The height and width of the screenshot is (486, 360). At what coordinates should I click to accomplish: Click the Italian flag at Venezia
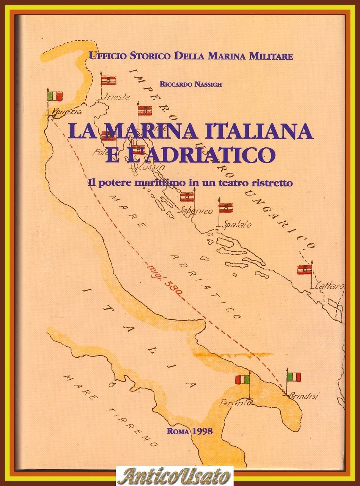(x=55, y=96)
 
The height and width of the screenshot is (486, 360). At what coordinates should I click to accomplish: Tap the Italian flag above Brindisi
(x=294, y=377)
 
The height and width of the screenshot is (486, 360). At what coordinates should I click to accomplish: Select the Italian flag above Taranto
(x=243, y=379)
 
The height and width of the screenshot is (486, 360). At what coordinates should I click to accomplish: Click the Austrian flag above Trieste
(x=108, y=80)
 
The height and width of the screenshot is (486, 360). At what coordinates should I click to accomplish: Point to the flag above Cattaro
(x=305, y=270)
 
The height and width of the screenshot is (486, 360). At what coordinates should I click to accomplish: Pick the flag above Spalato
(x=226, y=208)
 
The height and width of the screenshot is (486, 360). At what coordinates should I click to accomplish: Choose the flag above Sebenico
(x=187, y=197)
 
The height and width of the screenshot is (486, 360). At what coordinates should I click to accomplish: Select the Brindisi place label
(x=303, y=396)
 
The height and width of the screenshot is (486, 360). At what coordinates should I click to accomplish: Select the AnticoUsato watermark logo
(x=174, y=475)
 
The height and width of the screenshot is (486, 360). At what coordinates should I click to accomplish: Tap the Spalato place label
(x=238, y=224)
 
